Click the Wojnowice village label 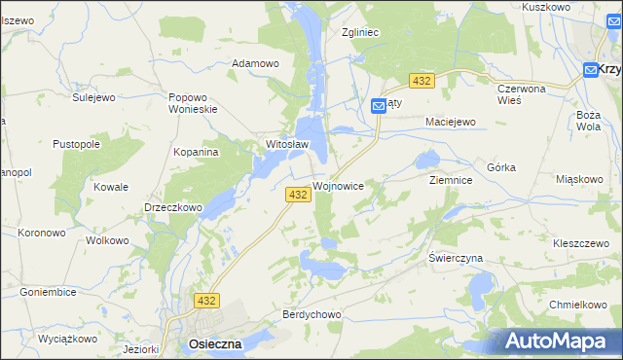tap(339, 185)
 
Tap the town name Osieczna tap(209, 344)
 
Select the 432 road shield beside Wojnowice tap(299, 195)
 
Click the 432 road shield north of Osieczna tap(205, 303)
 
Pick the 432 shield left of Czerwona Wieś tap(421, 81)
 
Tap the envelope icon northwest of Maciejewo tap(380, 108)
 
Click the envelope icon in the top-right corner tap(591, 69)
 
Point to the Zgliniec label tap(359, 32)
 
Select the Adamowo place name tap(254, 63)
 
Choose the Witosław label tap(287, 145)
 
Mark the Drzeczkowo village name tap(172, 207)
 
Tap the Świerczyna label tap(456, 259)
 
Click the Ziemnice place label tap(451, 181)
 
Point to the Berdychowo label tap(311, 314)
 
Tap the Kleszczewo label tap(581, 243)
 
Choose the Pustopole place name tap(77, 144)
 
